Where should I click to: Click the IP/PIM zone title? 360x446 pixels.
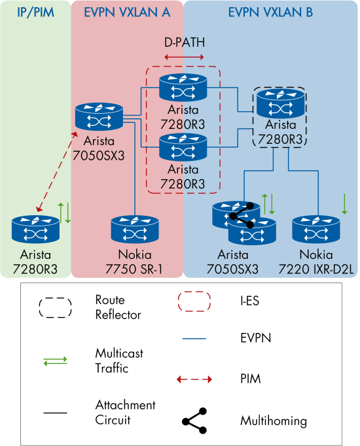pyautogui.click(x=35, y=12)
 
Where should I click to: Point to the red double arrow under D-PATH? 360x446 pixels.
pyautogui.click(x=183, y=58)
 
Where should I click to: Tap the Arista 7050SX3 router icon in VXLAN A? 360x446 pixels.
pyautogui.click(x=99, y=116)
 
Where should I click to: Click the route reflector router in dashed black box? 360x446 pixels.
pyautogui.click(x=279, y=103)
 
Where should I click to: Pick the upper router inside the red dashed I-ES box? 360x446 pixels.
pyautogui.click(x=183, y=88)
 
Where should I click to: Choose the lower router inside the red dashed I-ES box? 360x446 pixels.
pyautogui.click(x=183, y=146)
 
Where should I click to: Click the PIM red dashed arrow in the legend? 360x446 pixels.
pyautogui.click(x=194, y=379)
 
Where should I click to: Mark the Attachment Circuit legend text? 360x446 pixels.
pyautogui.click(x=125, y=413)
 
